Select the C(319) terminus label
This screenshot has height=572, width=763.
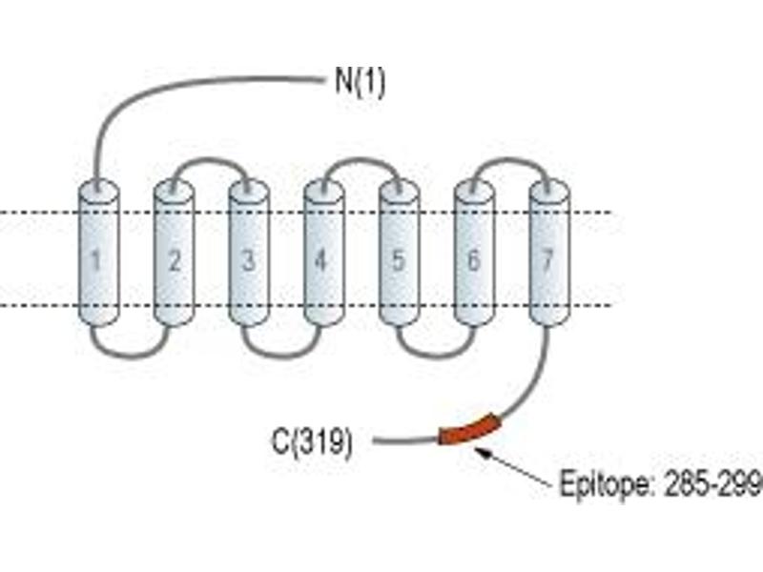(312, 442)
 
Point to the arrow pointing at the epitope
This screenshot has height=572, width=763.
(513, 467)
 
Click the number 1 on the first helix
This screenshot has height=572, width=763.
(96, 260)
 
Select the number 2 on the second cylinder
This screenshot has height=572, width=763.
(175, 260)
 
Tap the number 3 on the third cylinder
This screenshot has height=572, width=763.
(249, 260)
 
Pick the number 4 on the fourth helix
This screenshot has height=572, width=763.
(320, 260)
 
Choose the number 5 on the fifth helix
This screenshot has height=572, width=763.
(398, 260)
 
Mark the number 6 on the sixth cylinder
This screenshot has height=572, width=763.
(473, 260)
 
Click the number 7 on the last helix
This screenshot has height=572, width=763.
(547, 260)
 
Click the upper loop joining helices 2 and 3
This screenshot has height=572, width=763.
(210, 159)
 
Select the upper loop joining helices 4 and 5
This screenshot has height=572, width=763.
(361, 159)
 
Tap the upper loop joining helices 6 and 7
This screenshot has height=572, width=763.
(511, 159)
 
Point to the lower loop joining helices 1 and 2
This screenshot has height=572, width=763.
(132, 357)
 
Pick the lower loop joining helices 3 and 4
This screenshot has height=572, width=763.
(282, 357)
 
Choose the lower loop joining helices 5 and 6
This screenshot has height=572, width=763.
(435, 357)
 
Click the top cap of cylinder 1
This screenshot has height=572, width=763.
(98, 190)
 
